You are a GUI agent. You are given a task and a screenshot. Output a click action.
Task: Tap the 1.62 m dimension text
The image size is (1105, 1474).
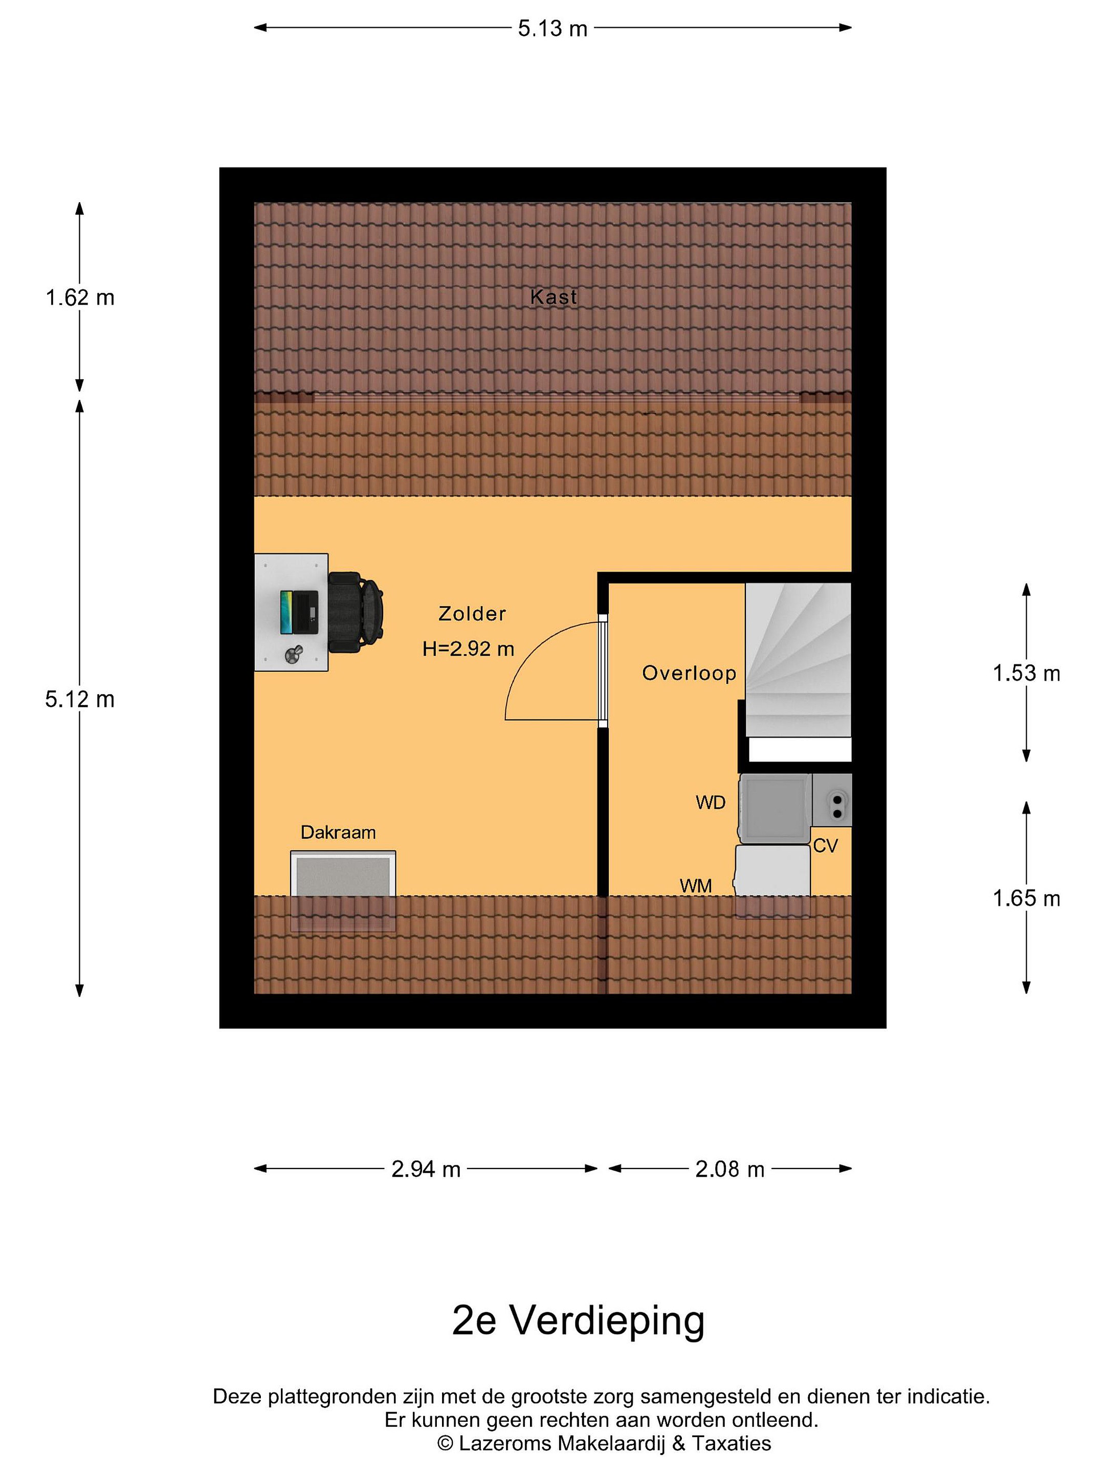[x=80, y=297]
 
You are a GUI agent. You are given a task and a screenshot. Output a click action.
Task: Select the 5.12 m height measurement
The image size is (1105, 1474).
[x=80, y=699]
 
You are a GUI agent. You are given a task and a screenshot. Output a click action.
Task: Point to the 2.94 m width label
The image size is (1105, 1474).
[x=426, y=1169]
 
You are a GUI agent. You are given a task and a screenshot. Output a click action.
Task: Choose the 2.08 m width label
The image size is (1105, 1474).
[x=730, y=1169]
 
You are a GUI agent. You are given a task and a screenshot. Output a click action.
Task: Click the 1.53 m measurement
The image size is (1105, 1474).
[x=1026, y=673]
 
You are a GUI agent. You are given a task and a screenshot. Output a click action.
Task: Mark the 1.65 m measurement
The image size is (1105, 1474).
[x=1026, y=898]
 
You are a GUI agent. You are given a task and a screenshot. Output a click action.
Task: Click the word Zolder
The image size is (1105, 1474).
[x=472, y=613]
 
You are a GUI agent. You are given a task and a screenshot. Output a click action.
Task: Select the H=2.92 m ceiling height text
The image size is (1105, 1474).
[x=468, y=648]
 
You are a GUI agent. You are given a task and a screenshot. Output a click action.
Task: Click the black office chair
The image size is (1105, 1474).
[x=356, y=612]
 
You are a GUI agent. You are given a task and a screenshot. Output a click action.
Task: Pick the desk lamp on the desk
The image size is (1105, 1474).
[x=293, y=655]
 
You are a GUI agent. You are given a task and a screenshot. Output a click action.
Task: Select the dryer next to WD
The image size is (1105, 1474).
[x=774, y=808]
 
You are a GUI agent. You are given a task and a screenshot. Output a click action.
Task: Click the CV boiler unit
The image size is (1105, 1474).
[x=832, y=800]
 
